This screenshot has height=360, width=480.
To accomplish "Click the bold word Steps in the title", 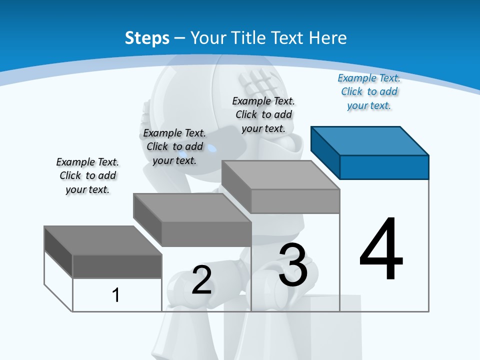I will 147,38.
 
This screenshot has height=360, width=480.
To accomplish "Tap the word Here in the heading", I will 327,38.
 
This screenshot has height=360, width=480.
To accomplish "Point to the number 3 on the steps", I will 293,265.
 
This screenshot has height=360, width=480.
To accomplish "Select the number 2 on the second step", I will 201,279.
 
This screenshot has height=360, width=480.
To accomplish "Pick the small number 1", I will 116,295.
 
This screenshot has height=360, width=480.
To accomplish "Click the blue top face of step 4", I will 369,140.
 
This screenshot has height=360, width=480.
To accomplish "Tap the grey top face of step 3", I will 280,174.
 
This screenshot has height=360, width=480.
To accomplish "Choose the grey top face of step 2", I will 192,207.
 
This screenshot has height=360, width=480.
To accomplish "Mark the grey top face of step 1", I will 103,240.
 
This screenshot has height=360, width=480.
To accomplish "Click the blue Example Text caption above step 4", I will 369,92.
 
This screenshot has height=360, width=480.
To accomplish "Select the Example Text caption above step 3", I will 263,114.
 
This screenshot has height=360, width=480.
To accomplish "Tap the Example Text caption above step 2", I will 174,146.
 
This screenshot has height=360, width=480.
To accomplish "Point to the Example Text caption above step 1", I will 87,175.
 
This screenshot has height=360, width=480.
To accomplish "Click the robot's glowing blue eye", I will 212,148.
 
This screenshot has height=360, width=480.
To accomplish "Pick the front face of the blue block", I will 384,167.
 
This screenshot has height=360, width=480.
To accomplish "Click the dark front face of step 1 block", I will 117,266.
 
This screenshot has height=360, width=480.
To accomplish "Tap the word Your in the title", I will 206,38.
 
